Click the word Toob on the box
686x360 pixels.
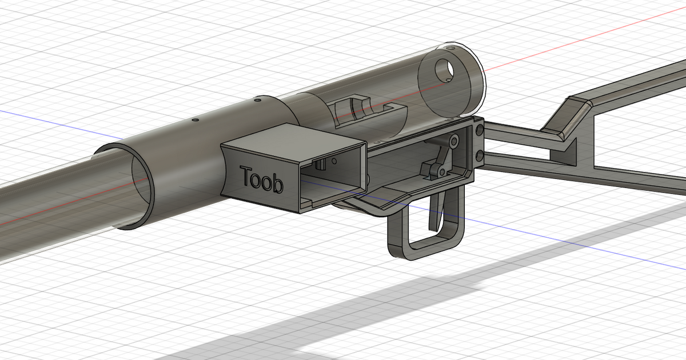262,179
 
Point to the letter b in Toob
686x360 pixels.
277,184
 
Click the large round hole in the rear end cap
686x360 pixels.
446,69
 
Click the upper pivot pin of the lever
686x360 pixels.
453,139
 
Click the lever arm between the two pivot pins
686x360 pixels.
445,155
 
